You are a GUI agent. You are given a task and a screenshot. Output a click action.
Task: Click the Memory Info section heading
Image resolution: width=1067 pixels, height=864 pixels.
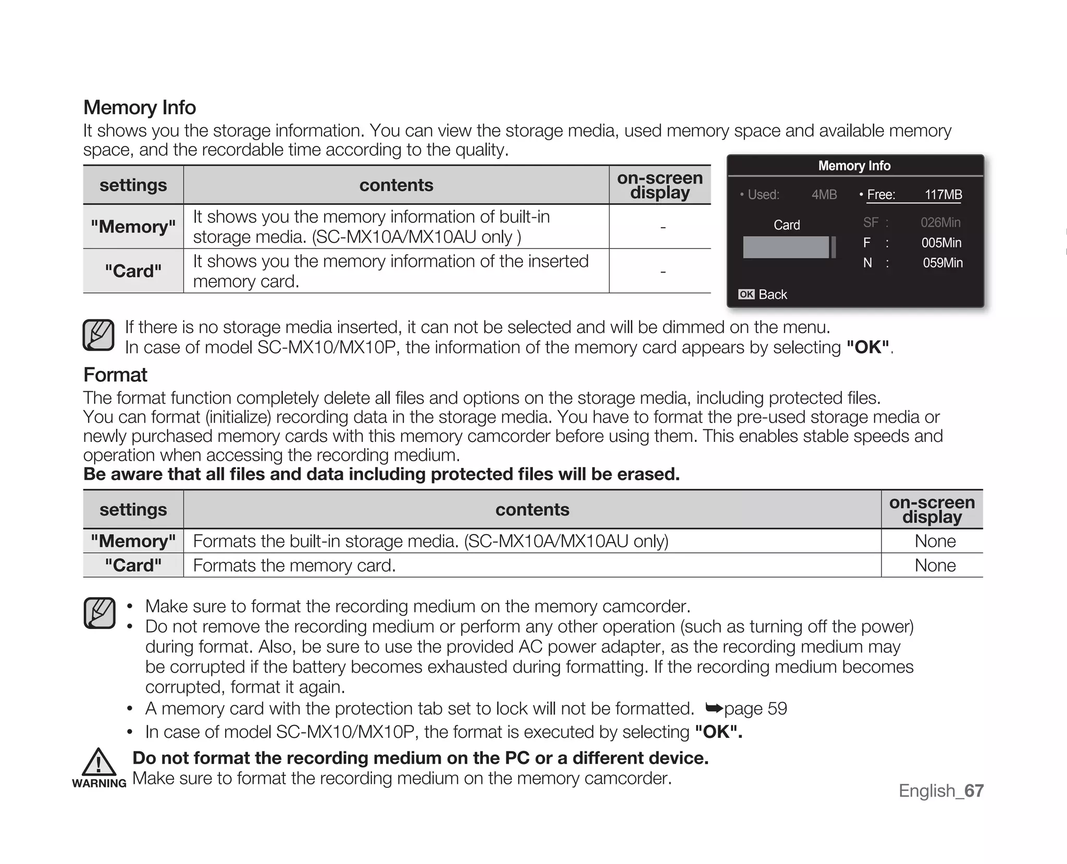(x=140, y=107)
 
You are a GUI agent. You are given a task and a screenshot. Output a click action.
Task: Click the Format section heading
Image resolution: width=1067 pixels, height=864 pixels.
(x=115, y=375)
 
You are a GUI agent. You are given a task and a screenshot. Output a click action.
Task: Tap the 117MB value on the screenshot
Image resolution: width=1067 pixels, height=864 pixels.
(x=943, y=194)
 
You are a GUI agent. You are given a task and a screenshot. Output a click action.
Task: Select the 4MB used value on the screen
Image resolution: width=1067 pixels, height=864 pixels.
(x=824, y=194)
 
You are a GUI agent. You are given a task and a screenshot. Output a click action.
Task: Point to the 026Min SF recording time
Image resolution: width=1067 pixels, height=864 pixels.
(x=940, y=223)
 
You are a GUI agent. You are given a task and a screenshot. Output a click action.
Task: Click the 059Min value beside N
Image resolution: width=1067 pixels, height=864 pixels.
(x=942, y=263)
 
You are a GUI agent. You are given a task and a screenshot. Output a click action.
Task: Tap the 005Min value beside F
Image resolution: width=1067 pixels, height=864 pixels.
(x=941, y=243)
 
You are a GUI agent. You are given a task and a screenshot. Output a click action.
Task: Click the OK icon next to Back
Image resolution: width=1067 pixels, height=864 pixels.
(x=746, y=294)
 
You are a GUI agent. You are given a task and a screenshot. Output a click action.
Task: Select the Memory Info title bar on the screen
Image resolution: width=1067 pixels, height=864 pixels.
(x=854, y=166)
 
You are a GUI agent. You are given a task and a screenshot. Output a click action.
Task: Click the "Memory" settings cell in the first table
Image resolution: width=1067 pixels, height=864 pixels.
(x=133, y=227)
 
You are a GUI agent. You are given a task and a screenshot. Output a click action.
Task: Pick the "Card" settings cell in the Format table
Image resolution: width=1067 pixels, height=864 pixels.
(x=133, y=565)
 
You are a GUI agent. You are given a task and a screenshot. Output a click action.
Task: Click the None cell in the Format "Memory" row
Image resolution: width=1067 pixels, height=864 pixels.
(x=935, y=541)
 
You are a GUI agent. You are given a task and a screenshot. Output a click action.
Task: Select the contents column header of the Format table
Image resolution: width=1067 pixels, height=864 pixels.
(x=532, y=509)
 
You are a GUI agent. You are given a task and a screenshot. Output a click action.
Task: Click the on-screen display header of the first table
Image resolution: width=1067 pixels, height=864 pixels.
(x=660, y=185)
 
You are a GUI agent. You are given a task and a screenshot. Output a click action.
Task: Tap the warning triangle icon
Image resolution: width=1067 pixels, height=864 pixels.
(x=98, y=762)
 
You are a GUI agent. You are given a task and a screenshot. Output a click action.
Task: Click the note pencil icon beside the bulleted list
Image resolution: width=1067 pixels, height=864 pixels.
(x=99, y=613)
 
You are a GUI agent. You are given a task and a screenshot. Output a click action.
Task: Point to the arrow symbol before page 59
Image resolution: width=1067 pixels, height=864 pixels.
(x=714, y=708)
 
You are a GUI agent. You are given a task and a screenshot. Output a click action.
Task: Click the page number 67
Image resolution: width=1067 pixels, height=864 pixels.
(x=974, y=791)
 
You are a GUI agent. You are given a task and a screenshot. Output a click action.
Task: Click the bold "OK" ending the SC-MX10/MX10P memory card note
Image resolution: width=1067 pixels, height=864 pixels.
(x=867, y=347)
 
